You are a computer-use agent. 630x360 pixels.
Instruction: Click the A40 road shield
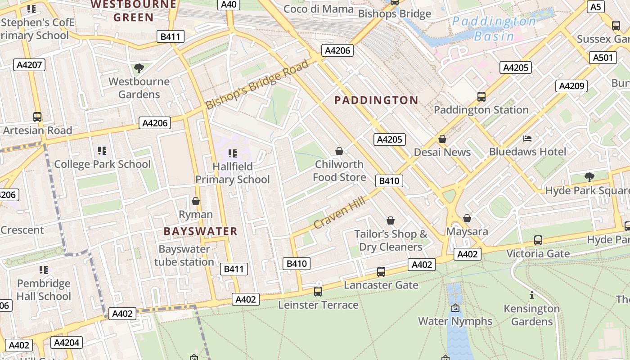pos(229,4)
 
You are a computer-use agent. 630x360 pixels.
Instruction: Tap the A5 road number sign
pos(595,7)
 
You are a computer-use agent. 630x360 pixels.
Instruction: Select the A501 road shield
pos(603,58)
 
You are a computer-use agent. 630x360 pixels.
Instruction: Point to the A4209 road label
pos(571,86)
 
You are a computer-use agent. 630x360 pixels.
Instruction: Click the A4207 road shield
pos(29,65)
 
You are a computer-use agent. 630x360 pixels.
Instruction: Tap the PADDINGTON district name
pos(376,100)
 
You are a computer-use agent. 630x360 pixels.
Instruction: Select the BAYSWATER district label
pos(200,231)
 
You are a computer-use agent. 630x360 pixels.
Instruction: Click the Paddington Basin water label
pos(494,29)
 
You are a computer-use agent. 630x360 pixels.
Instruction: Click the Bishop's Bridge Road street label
pos(257,84)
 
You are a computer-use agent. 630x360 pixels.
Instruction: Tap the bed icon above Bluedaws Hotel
pos(528,138)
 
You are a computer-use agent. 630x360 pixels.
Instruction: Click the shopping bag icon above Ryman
pos(195,201)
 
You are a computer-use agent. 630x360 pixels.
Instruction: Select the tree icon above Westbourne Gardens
pos(139,68)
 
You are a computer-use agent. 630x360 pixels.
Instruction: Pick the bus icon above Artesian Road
pos(37,117)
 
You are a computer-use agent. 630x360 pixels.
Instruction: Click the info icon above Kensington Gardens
pos(532,295)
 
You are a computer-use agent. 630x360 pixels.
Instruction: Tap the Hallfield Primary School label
pos(232,173)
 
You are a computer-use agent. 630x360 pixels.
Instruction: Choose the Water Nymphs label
pos(455,321)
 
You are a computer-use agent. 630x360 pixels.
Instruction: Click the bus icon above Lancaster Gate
pos(381,272)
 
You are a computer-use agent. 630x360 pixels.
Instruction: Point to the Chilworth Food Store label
pos(339,171)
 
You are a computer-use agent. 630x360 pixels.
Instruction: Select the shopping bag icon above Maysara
pos(467,218)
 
